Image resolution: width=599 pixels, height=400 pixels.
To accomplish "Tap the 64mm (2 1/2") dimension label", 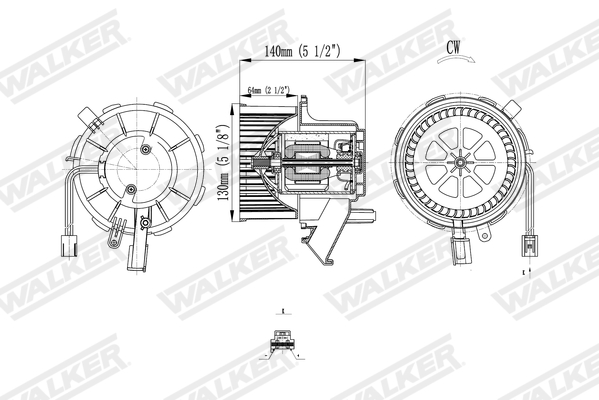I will coord(268,91).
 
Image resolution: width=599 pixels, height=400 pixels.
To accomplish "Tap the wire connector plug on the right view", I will coord(528,245).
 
